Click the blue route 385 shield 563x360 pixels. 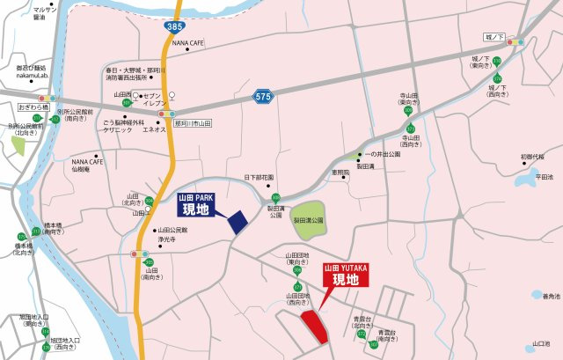pos(173,28)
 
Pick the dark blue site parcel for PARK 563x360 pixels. pos(238,221)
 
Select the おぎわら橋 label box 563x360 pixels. pos(33,107)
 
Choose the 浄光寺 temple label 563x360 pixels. pos(167,239)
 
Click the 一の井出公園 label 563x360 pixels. pos(383,154)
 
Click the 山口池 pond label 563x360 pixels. pos(541,344)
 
